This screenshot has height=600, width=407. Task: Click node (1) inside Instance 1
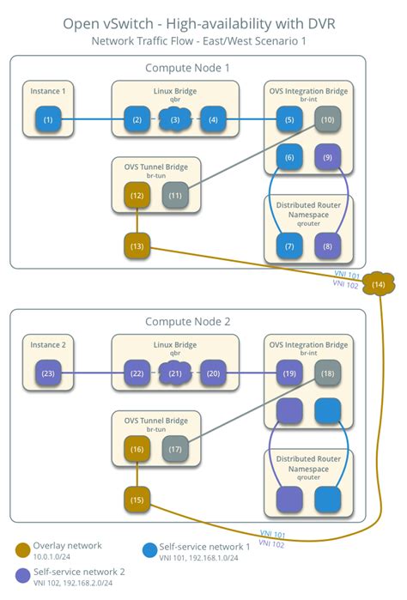click(48, 120)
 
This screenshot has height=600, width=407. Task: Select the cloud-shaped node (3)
click(175, 120)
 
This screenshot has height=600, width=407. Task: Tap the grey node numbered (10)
click(327, 120)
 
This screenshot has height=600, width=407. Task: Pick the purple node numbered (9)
click(327, 157)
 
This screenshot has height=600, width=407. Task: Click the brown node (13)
click(137, 246)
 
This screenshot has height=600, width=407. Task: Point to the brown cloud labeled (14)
click(379, 284)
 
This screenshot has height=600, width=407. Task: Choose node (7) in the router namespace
click(289, 246)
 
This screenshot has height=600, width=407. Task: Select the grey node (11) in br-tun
click(175, 196)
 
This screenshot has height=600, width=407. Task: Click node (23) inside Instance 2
click(48, 373)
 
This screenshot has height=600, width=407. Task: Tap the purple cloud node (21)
click(175, 373)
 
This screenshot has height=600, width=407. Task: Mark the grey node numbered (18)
click(327, 373)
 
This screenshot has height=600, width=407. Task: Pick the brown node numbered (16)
click(137, 449)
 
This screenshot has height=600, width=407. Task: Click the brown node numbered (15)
click(137, 500)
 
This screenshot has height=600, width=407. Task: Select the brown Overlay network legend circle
click(22, 550)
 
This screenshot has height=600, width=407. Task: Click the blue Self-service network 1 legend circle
click(149, 550)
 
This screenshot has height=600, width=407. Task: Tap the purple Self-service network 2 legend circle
click(22, 575)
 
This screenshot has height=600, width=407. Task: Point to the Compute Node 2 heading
click(187, 321)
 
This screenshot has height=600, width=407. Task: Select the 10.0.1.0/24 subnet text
click(52, 557)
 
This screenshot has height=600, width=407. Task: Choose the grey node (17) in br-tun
click(175, 449)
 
